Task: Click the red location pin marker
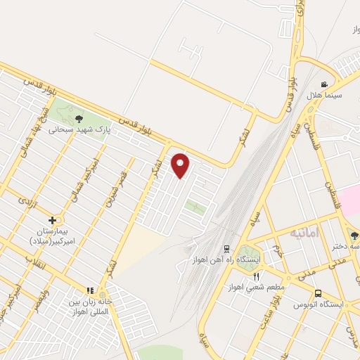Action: [181, 165]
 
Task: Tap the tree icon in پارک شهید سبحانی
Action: [79, 119]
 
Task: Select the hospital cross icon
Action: [53, 220]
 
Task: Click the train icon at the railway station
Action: [226, 249]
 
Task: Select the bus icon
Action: [319, 292]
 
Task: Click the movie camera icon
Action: [323, 84]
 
